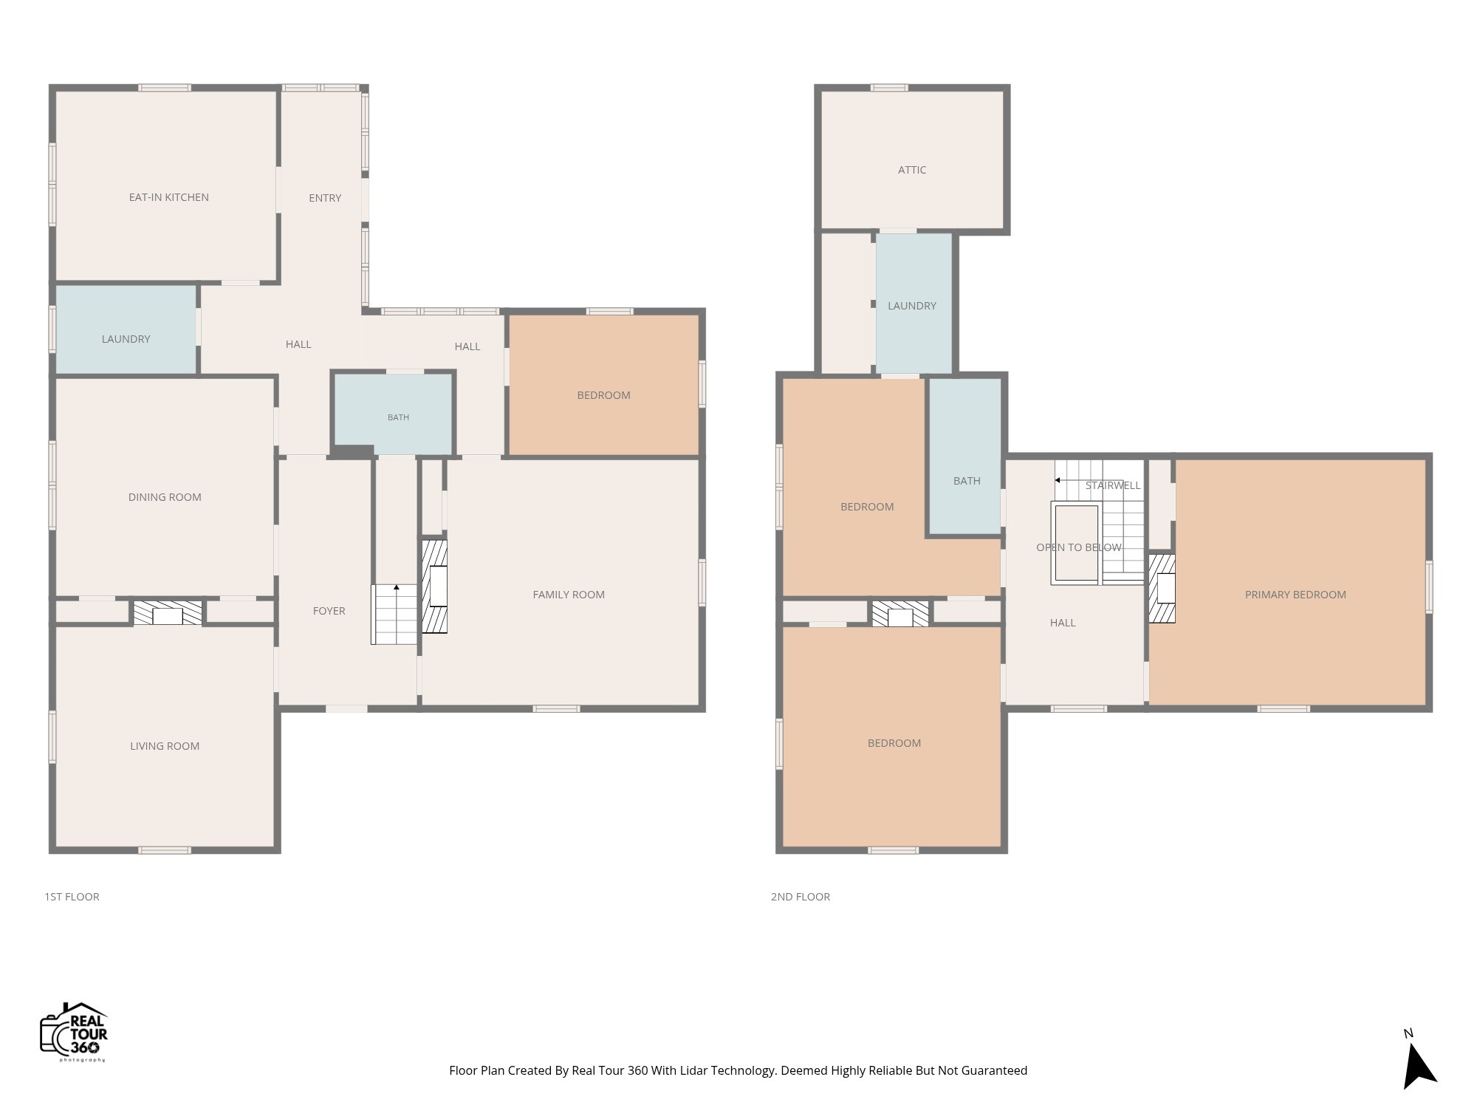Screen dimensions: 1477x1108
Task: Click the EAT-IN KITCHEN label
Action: pyautogui.click(x=168, y=197)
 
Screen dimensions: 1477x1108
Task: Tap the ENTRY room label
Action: pyautogui.click(x=325, y=198)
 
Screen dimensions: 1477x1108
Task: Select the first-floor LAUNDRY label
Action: pyautogui.click(x=126, y=339)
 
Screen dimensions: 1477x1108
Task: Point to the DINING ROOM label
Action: pyautogui.click(x=165, y=497)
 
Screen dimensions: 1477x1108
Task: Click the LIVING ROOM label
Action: pyautogui.click(x=165, y=746)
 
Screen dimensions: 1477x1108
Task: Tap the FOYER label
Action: pyautogui.click(x=329, y=611)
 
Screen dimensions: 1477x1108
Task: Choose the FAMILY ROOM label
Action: pyautogui.click(x=569, y=595)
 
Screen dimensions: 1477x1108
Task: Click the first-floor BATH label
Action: pyautogui.click(x=398, y=417)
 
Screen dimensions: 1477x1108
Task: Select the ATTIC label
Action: pyautogui.click(x=912, y=170)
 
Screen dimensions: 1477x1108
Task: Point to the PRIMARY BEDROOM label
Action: pyautogui.click(x=1295, y=595)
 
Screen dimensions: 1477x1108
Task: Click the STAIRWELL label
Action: pyautogui.click(x=1113, y=485)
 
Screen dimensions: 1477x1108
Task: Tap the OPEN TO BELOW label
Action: pyautogui.click(x=1079, y=547)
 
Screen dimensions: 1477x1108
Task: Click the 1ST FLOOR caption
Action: pyautogui.click(x=72, y=897)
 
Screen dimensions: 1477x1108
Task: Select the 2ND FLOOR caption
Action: pyautogui.click(x=801, y=897)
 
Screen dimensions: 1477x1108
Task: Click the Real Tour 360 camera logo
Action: pyautogui.click(x=74, y=1032)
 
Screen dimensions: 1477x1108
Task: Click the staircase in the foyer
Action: pyautogui.click(x=394, y=614)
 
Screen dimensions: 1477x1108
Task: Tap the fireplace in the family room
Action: pyautogui.click(x=434, y=587)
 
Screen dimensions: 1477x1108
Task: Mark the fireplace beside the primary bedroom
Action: pyautogui.click(x=1162, y=589)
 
